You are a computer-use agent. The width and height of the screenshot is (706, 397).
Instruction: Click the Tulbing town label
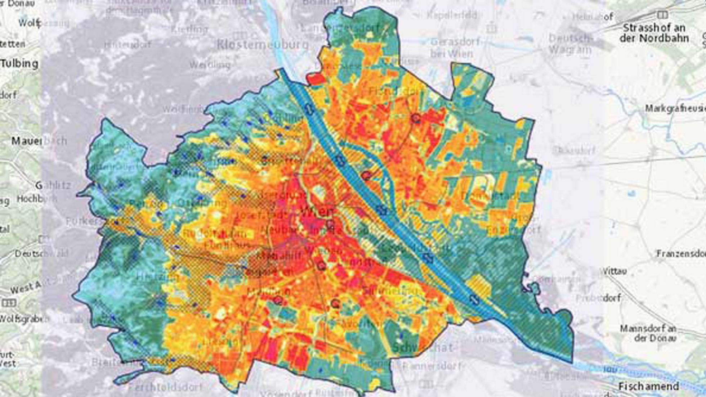coord(19,64)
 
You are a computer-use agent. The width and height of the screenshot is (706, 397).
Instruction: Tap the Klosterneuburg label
coord(263,45)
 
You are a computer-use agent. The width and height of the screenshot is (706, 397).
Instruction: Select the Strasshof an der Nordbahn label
coord(654,33)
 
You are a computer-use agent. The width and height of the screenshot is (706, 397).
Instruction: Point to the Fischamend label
coord(648,386)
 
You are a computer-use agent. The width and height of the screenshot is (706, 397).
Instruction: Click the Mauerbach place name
coord(39,141)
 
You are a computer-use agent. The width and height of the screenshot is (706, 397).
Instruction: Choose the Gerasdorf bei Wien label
coord(455,48)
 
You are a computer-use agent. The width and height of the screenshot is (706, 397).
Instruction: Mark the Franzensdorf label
coord(681,253)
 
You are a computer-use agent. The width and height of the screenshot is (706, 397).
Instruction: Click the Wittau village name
coord(615,271)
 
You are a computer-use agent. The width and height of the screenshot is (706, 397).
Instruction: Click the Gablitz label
coord(53,186)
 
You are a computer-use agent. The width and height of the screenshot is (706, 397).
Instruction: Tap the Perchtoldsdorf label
coord(165,388)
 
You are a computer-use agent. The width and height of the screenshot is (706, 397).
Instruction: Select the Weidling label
coord(209,65)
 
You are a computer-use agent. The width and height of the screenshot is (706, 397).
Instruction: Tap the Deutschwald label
coord(41,253)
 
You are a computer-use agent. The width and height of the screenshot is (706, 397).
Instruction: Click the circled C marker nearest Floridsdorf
coord(415,118)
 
